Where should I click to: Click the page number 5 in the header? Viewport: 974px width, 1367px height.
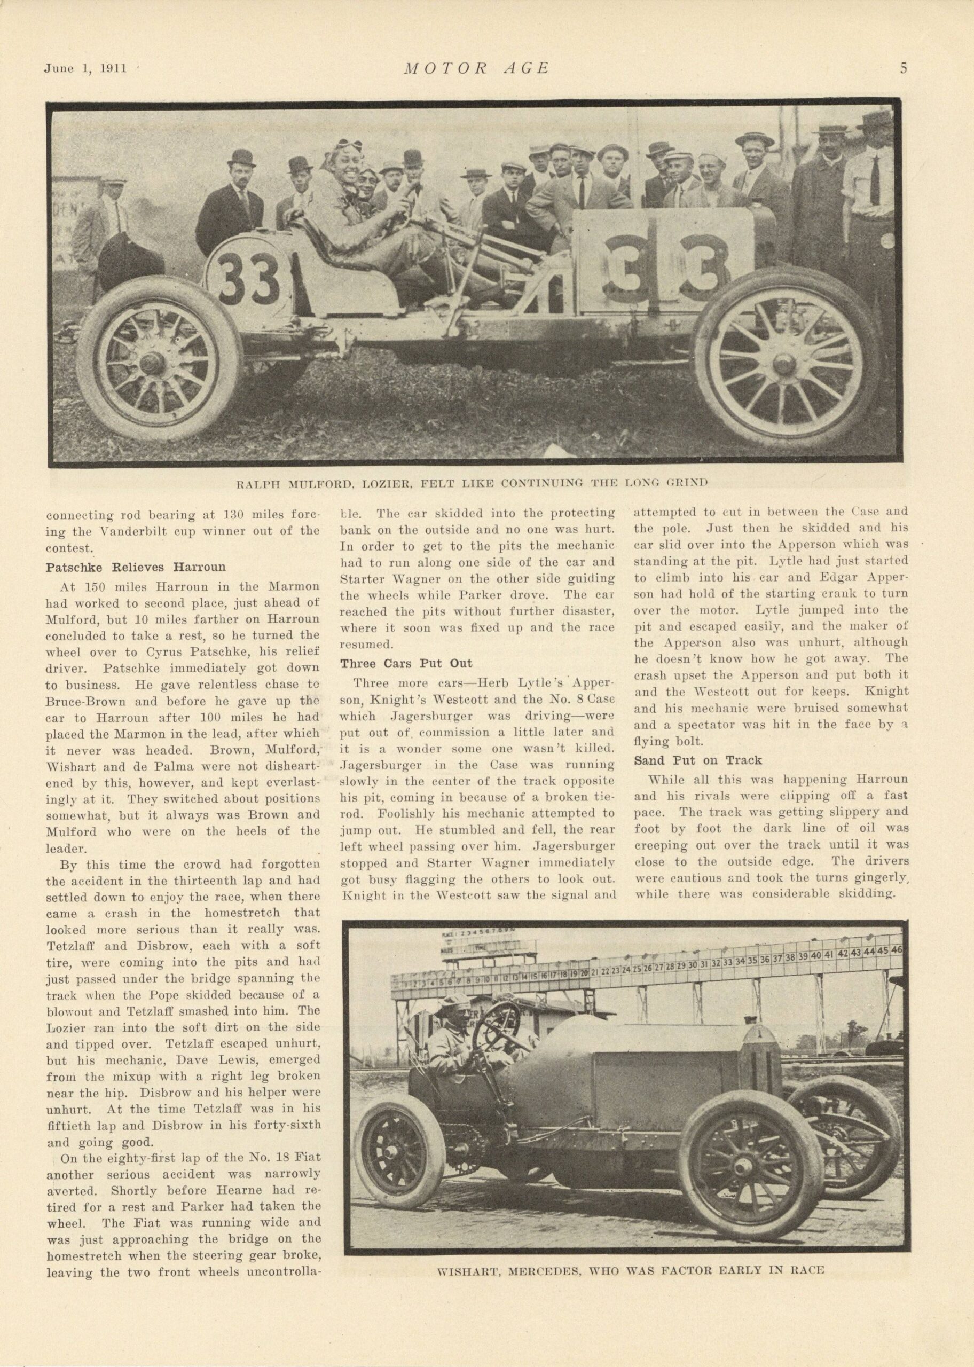tap(903, 67)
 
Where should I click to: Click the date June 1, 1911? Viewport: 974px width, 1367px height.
tap(86, 68)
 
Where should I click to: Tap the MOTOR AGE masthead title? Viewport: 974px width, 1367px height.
tap(477, 68)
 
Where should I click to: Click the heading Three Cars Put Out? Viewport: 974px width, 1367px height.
tap(406, 663)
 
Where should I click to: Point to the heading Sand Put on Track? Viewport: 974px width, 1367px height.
tap(697, 760)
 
